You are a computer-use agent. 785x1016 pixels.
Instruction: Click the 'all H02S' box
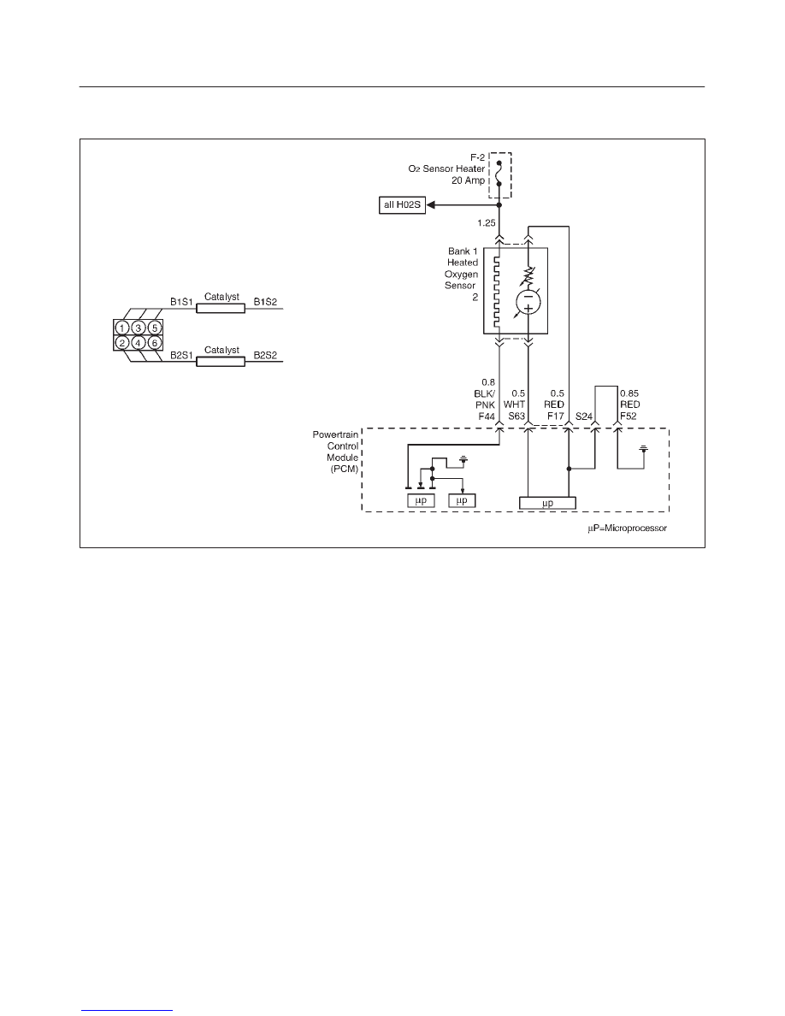point(402,205)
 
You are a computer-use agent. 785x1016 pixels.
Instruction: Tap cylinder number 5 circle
point(154,328)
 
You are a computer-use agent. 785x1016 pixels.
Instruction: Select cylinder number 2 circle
point(121,343)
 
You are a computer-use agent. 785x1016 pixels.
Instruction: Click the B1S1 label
point(182,302)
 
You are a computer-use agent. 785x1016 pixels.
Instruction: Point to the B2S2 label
point(265,355)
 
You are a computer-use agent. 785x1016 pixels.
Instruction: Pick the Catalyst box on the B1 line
point(221,309)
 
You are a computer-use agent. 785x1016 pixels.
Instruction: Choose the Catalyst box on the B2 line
point(221,362)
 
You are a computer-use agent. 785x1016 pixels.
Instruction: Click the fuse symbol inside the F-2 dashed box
point(499,174)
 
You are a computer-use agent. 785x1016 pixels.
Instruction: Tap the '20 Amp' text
point(469,180)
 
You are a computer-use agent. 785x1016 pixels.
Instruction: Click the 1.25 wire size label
point(487,223)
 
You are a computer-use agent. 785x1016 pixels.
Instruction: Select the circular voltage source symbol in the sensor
point(528,303)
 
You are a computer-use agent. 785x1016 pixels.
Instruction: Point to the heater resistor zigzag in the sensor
point(498,292)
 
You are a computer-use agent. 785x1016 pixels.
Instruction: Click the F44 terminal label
point(487,416)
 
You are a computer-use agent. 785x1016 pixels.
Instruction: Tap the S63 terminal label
point(516,416)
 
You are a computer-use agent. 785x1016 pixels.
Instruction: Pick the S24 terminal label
point(583,416)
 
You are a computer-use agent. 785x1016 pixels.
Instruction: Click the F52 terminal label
point(629,416)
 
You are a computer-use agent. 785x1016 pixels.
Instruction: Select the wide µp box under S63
point(548,503)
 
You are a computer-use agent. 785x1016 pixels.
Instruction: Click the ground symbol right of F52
point(644,448)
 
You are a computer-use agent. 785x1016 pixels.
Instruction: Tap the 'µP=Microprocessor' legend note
point(627,528)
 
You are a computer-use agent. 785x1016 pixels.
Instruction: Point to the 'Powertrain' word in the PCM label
point(335,434)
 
